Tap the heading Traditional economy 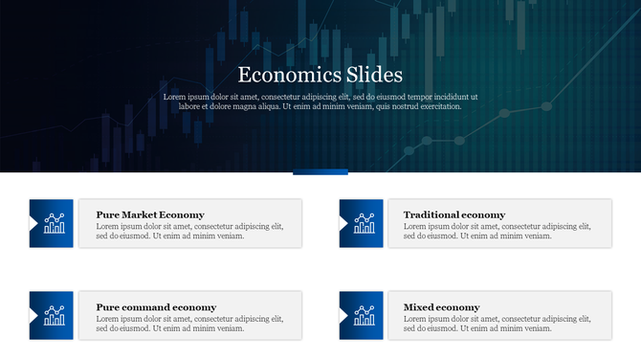[x=454, y=214]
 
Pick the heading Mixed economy [x=442, y=307]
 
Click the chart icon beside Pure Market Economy [x=55, y=223]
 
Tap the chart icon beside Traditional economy [x=365, y=223]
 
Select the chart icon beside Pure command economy [x=55, y=315]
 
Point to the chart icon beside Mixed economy [x=365, y=315]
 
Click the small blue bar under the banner [x=320, y=172]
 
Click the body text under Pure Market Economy [x=189, y=231]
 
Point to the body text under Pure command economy [x=189, y=324]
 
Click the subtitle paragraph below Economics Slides [x=320, y=101]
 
